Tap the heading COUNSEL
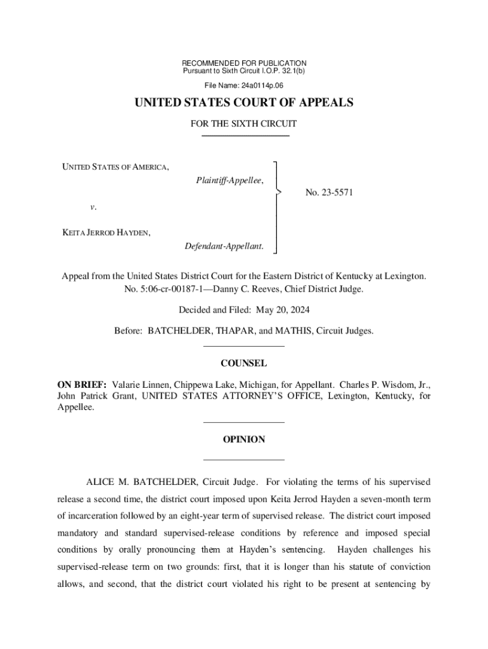click(243, 364)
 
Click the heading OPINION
click(243, 439)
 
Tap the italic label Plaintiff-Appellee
click(229, 181)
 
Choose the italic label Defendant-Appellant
click(224, 245)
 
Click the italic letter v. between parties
click(93, 207)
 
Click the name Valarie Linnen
click(141, 385)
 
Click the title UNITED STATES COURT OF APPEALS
click(243, 103)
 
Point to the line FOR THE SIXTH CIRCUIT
click(243, 124)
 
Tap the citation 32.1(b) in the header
click(292, 72)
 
